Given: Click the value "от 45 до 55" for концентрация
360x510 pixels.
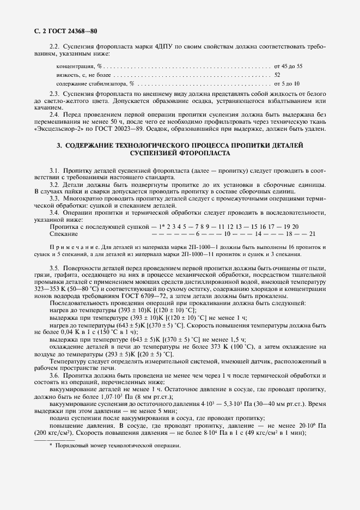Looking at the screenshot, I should pos(288,65).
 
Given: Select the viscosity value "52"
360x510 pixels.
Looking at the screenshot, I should pos(277,75).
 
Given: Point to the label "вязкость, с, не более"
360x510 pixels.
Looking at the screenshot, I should pos(82,75).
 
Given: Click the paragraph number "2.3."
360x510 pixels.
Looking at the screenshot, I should pos(55,94).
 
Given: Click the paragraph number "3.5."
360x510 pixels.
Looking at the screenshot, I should pos(55,269).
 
